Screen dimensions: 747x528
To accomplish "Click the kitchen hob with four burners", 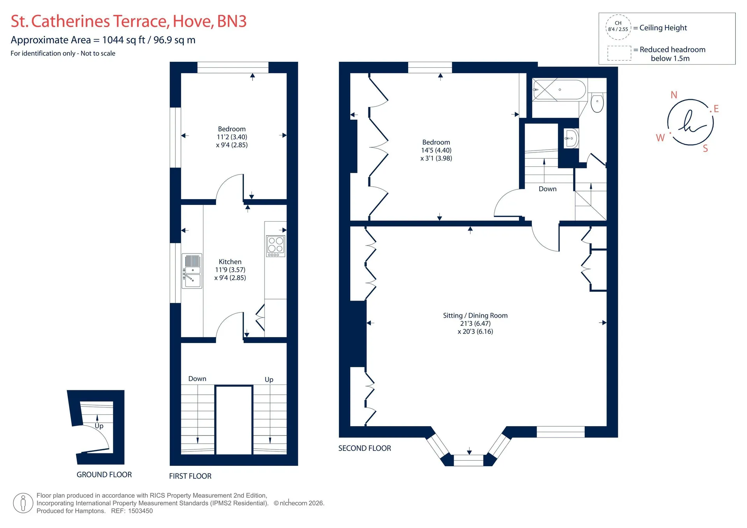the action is coord(275,246).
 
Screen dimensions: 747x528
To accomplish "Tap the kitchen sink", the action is coord(192,271).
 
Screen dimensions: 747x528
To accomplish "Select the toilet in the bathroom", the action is coord(597,102).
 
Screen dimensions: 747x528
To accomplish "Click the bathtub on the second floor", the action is coord(559,90).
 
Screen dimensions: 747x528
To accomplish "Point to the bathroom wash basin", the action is coord(571,138).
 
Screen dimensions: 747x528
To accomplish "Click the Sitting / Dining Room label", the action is coord(475,315).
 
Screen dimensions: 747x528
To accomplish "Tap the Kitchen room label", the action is coord(230,262).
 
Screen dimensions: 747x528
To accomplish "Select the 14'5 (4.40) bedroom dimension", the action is coord(436,150).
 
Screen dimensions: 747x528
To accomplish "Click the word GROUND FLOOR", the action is coord(104,474).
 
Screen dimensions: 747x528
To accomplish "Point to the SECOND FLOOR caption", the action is coord(365,448).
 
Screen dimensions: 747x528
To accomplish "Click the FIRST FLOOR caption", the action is coord(190,476).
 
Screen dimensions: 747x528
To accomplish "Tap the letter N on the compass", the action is coord(674,95).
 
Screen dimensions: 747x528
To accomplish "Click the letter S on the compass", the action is coord(705,149).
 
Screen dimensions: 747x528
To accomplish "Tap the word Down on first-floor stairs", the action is coord(197,379).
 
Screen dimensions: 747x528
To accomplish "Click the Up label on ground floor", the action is coord(99,426).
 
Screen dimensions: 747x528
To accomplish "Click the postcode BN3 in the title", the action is coord(231,21).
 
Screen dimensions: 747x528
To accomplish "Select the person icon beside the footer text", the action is coord(23,503).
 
